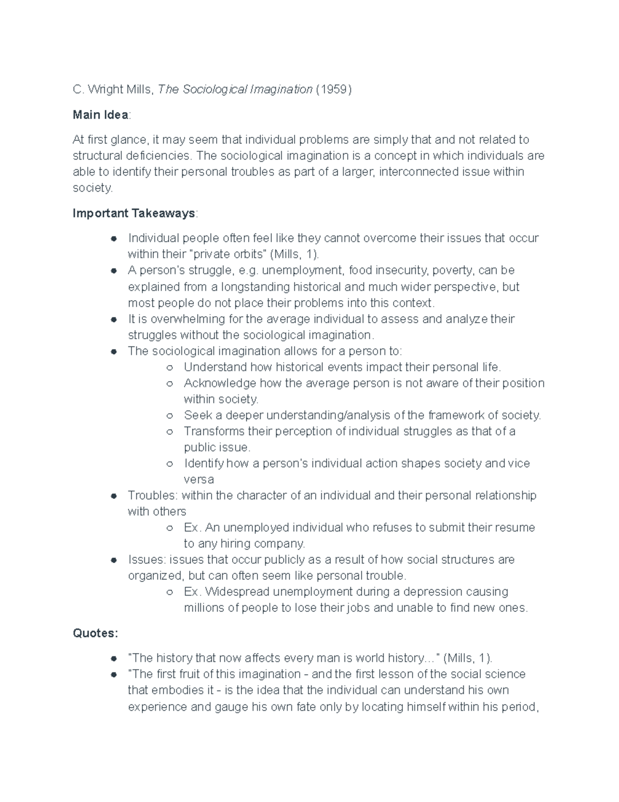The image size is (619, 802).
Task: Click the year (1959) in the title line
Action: pos(334,89)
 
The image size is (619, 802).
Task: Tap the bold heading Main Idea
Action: pos(101,115)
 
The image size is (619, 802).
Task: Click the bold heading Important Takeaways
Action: pos(134,213)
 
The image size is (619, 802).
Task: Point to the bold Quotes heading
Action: pos(95,633)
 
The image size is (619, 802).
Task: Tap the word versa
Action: pos(199,479)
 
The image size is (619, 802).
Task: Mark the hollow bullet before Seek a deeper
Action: pos(169,416)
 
